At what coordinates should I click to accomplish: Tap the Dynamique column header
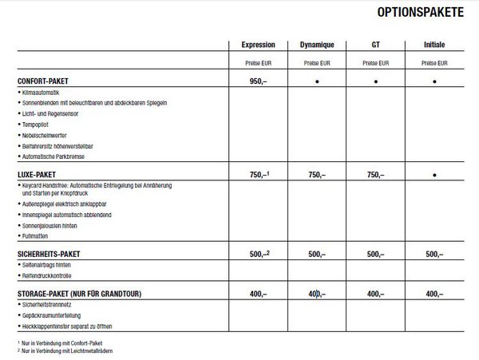pos(317,44)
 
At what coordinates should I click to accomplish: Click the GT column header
pos(377,44)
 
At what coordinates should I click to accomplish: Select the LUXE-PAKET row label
pos(44,173)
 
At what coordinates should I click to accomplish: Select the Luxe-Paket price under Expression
pos(257,173)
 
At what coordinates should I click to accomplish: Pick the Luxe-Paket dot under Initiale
pos(436,173)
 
